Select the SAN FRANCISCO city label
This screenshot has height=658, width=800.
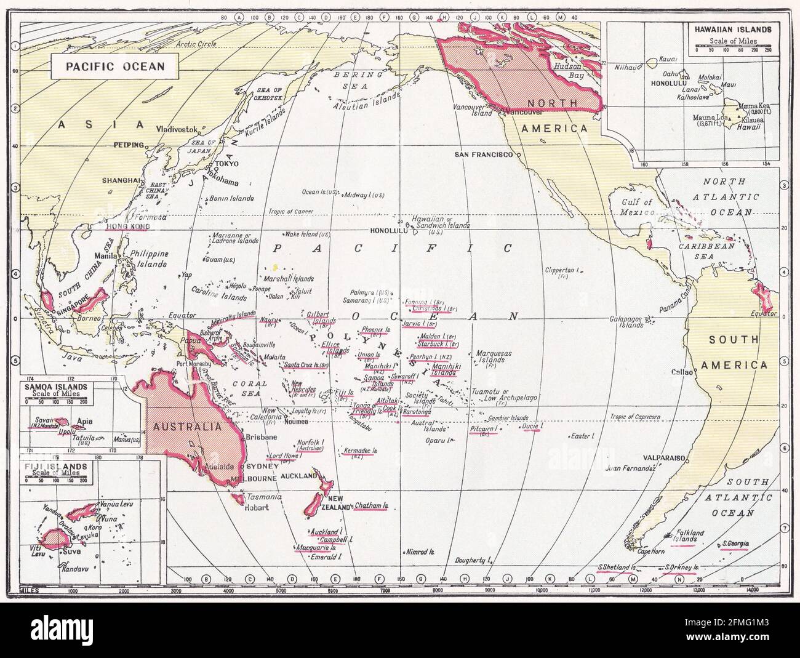(x=484, y=154)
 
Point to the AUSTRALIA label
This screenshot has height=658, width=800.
(x=183, y=427)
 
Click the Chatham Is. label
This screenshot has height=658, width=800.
(x=372, y=506)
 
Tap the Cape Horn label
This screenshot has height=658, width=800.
(x=651, y=552)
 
